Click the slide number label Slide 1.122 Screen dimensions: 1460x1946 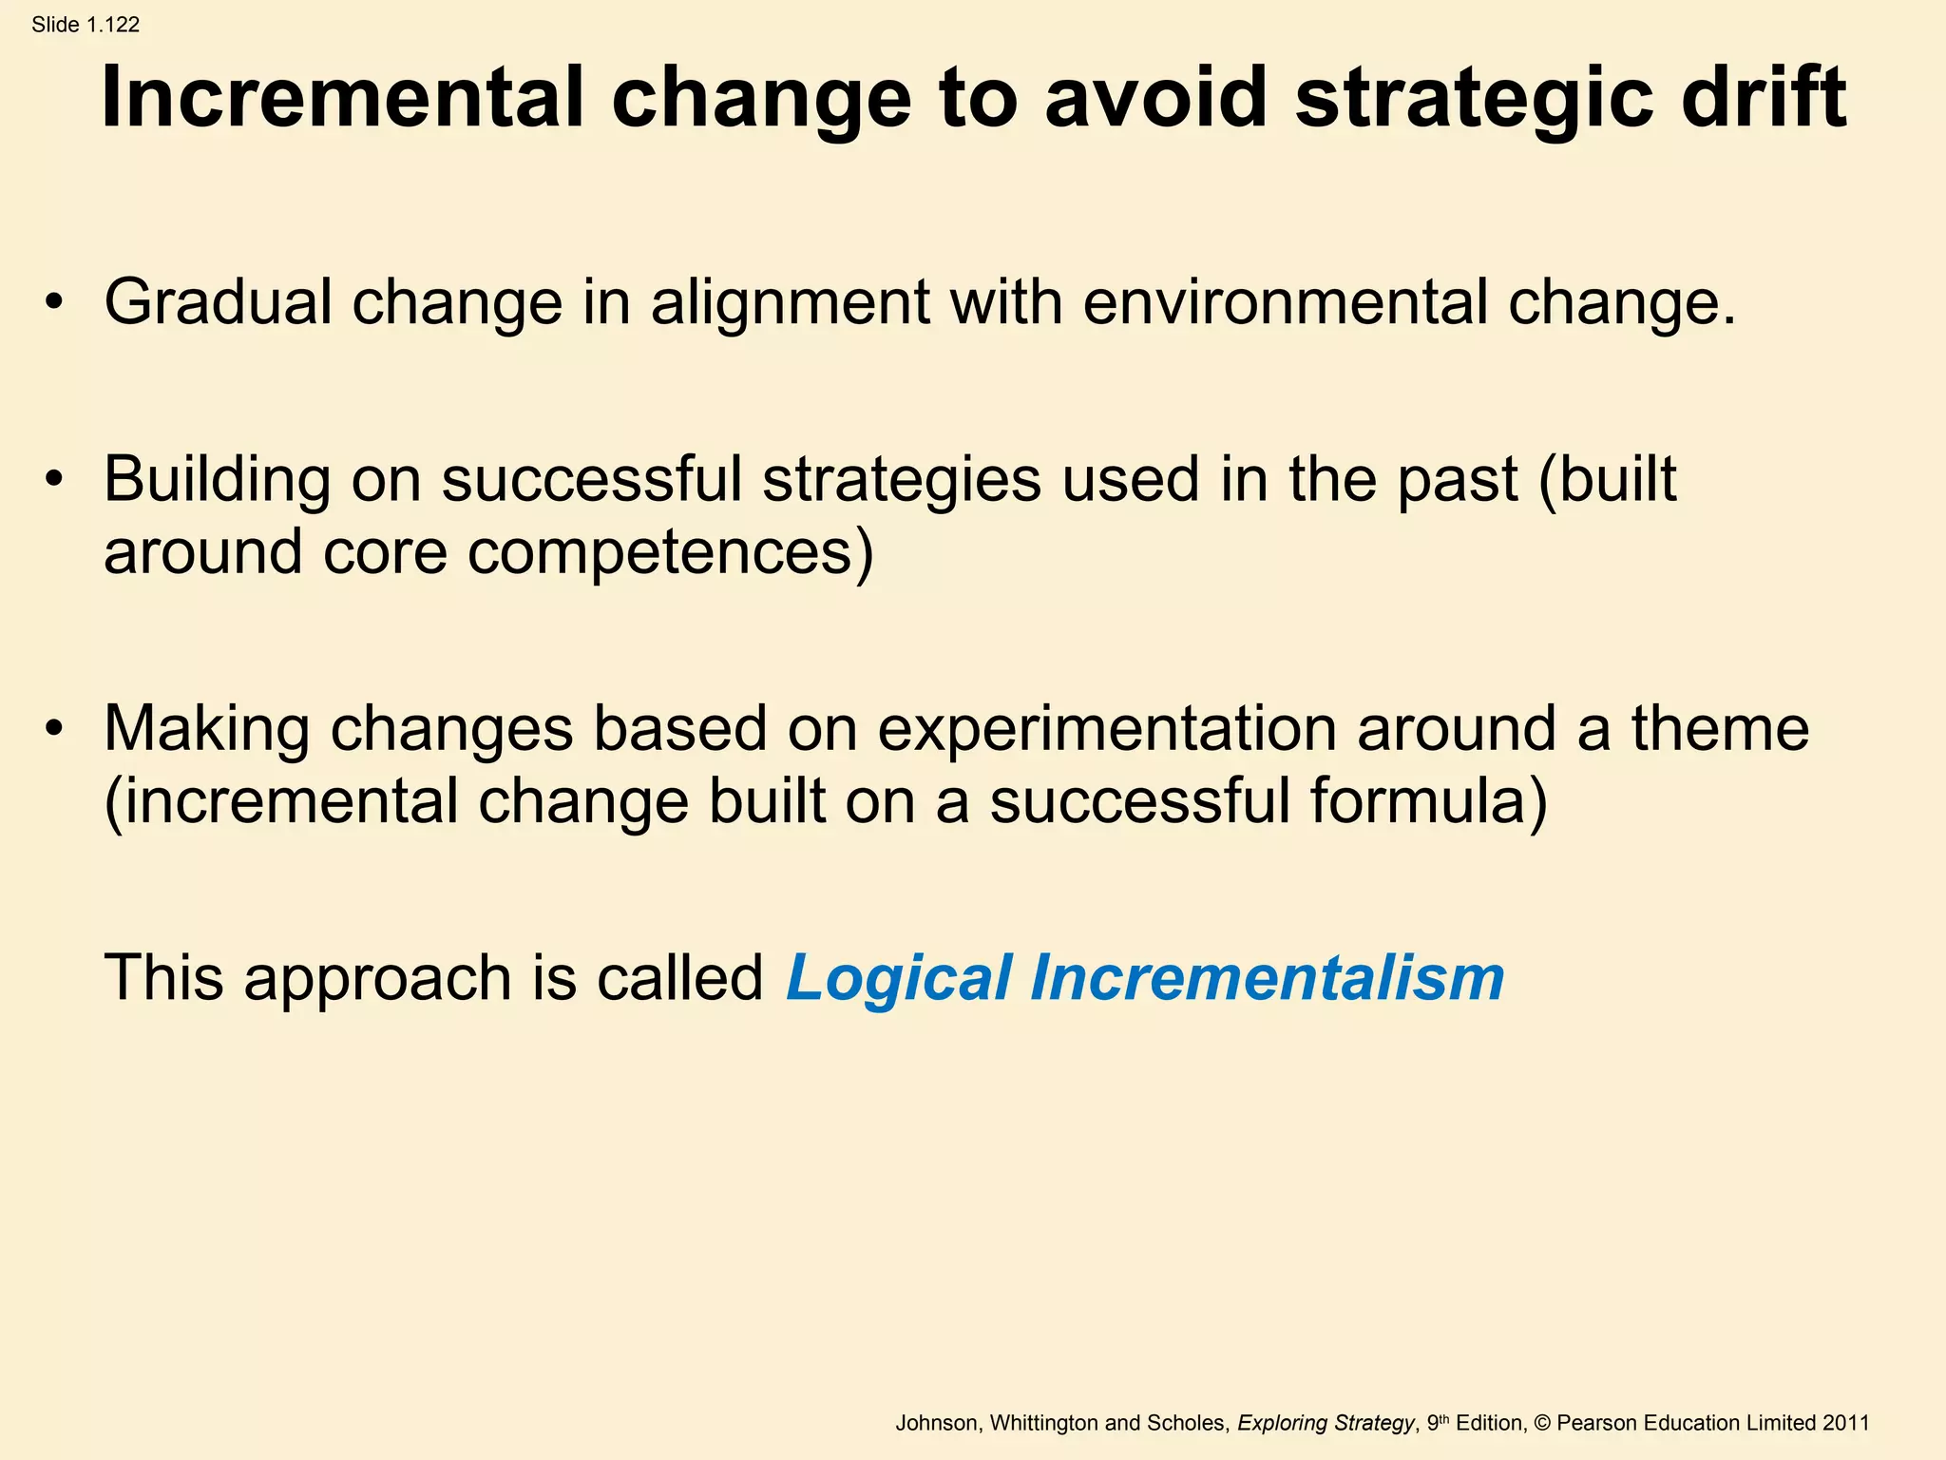(86, 25)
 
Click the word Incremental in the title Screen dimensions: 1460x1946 (343, 98)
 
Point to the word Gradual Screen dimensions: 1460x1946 (218, 303)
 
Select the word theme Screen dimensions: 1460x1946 (1720, 729)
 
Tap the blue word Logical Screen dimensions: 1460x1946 (898, 979)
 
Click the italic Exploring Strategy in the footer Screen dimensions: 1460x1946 (1326, 1423)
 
